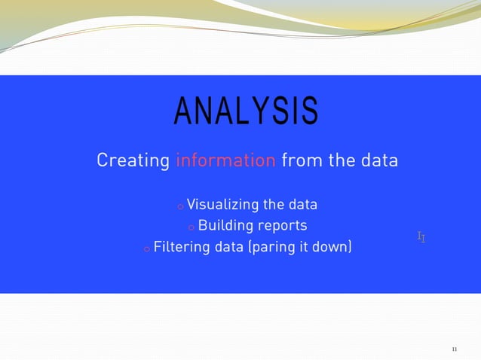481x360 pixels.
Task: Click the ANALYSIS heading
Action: [246, 111]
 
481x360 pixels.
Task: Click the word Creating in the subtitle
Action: [133, 160]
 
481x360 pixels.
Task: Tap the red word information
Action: [225, 160]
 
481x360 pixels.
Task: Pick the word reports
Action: [282, 226]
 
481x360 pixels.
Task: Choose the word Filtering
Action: [182, 247]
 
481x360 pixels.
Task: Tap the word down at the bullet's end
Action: [331, 247]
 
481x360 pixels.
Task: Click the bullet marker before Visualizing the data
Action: [179, 206]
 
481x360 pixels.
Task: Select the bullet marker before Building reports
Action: [191, 227]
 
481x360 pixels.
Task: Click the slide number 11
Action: [454, 349]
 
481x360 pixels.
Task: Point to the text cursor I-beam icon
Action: [421, 237]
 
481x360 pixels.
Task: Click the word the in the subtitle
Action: [340, 160]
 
